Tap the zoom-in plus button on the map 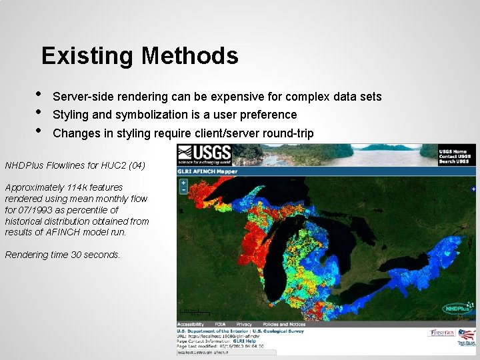tap(183, 182)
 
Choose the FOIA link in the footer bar tap(220, 324)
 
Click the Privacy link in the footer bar tap(244, 324)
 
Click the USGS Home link tap(453, 151)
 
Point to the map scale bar tap(193, 312)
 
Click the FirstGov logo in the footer tap(443, 332)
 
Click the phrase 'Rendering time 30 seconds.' tap(63, 255)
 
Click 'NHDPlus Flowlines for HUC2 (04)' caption tap(75, 165)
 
